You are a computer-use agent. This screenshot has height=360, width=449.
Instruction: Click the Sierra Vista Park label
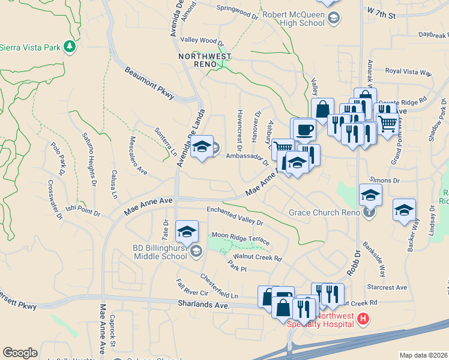coord(30,46)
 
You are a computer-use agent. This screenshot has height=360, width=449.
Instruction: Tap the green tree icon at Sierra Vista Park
coord(70,46)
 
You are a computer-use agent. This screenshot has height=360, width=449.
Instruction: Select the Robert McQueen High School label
coord(292,18)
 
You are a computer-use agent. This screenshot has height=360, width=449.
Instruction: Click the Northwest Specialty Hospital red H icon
coord(362,319)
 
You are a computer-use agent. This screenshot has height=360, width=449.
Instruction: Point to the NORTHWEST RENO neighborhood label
coord(204,60)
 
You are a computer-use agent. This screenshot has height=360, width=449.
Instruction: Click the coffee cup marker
coord(304,128)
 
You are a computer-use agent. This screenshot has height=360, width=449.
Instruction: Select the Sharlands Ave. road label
coord(204,305)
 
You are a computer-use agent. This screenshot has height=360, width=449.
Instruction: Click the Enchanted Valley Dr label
coord(235,217)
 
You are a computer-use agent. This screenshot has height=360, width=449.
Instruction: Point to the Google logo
coord(20,353)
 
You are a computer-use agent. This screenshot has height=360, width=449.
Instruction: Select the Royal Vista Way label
coord(408,73)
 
